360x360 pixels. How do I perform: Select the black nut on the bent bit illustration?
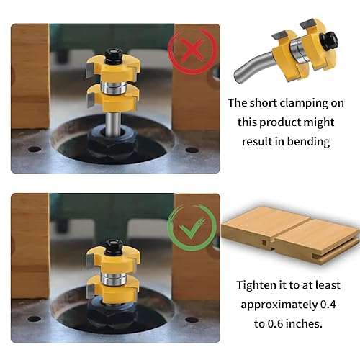pos(329,40)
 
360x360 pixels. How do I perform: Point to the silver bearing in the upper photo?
pos(113,87)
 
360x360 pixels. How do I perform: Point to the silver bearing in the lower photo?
pos(113,279)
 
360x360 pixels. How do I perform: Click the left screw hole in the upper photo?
pos(35,149)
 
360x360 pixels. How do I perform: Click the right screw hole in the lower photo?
pos(192,320)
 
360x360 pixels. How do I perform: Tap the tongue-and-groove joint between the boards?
pos(272,245)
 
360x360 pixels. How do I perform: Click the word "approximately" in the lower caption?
pos(279,305)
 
